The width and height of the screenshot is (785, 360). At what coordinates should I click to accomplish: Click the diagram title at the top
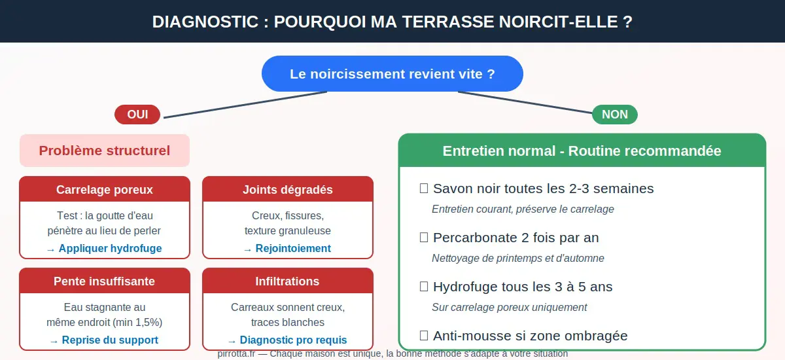(392, 22)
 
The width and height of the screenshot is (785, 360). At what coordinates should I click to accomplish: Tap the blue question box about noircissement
(392, 73)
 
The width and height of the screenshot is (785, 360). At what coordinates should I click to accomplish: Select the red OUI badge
(137, 115)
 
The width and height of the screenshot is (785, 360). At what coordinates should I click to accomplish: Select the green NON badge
(614, 115)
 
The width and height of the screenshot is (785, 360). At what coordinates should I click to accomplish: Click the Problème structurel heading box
(105, 151)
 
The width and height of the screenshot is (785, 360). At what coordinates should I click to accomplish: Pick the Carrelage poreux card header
(105, 190)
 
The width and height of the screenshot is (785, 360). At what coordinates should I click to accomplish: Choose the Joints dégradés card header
(288, 190)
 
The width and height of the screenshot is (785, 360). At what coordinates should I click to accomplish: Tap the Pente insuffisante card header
(105, 281)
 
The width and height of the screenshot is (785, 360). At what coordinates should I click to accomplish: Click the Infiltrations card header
(288, 281)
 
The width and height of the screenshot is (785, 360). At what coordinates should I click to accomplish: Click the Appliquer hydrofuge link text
(105, 249)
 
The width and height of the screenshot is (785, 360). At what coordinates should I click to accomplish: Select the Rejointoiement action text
(288, 249)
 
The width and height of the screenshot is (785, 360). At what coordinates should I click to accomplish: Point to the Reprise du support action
(105, 340)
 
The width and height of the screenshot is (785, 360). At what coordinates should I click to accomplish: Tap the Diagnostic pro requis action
(288, 340)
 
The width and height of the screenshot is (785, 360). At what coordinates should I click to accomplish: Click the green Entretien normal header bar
(582, 151)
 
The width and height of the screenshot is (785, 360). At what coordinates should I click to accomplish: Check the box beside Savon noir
(424, 189)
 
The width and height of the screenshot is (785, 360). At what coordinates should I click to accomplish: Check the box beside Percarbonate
(424, 238)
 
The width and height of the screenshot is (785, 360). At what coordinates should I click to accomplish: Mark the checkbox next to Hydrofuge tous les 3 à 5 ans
(424, 287)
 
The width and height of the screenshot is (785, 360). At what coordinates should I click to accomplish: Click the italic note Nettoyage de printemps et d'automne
(517, 258)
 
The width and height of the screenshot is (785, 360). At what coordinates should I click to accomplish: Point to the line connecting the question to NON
(523, 103)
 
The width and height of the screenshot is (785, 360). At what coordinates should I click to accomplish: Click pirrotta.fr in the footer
(235, 353)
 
